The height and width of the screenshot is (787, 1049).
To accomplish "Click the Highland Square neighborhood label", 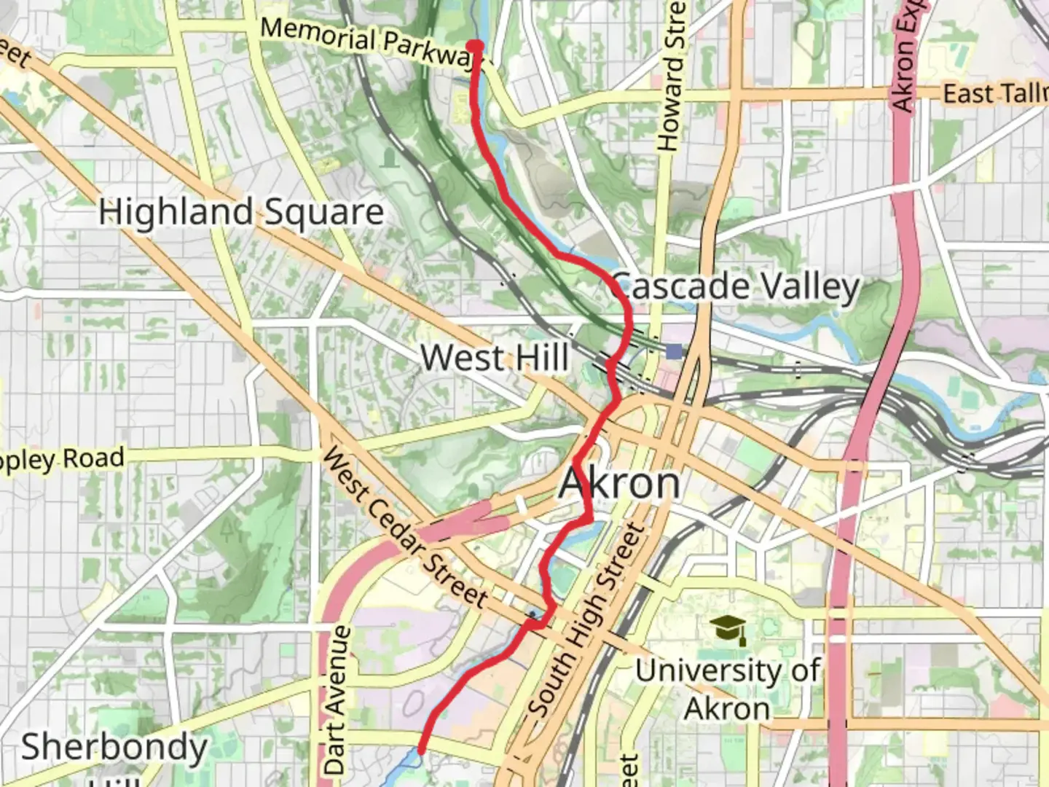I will tap(241, 212).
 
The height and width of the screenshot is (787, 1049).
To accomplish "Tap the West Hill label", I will tap(495, 358).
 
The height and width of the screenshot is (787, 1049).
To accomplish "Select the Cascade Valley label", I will tap(736, 286).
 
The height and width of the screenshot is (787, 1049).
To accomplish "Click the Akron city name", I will tap(620, 483).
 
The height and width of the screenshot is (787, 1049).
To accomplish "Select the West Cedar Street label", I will tap(404, 528).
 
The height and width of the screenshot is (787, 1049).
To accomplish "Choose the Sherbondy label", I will tap(114, 748).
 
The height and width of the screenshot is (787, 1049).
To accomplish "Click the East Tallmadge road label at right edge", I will tap(994, 94).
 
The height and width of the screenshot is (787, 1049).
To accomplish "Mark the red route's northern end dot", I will tap(475, 46).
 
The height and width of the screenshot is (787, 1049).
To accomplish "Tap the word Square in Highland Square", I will tap(323, 213).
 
